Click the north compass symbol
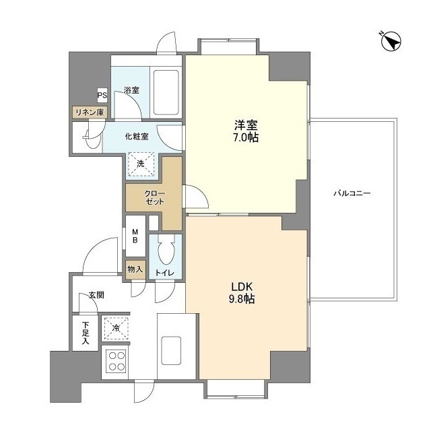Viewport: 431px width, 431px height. [391, 42]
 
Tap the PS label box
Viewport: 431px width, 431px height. [102, 95]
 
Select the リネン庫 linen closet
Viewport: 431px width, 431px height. [90, 112]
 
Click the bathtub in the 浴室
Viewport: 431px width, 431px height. [166, 92]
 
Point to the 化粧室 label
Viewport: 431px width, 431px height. [137, 136]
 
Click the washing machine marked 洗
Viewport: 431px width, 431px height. [141, 164]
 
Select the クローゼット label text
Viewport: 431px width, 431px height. [155, 197]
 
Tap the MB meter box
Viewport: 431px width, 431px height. [135, 236]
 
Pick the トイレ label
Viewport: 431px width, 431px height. [165, 273]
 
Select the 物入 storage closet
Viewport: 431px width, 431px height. [135, 269]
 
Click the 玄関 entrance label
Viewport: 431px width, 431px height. [96, 296]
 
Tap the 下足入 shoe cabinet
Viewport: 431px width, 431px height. [86, 333]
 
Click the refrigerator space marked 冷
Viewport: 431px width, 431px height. [117, 328]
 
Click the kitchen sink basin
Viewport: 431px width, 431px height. [171, 350]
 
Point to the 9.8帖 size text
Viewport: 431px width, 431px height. [242, 299]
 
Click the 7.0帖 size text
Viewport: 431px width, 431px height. [246, 137]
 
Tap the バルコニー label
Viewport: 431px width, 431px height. [352, 193]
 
